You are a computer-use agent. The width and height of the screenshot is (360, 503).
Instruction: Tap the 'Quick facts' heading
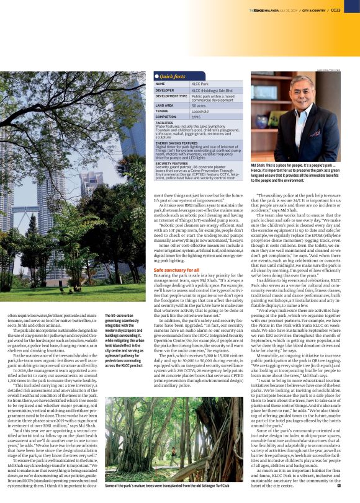pos(173,76)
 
